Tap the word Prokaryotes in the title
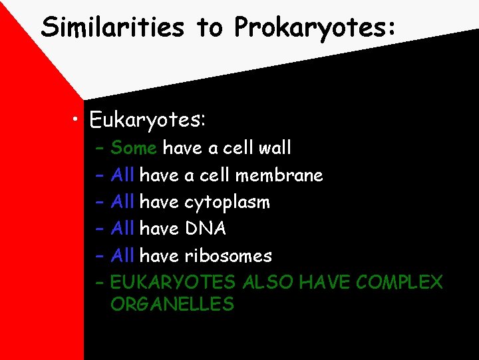click(x=315, y=28)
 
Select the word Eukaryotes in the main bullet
click(x=147, y=120)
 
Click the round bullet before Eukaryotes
click(x=78, y=120)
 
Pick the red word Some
click(x=134, y=147)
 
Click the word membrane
click(x=289, y=175)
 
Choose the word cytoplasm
click(x=227, y=202)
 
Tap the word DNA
click(x=206, y=229)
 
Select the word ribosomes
click(x=228, y=255)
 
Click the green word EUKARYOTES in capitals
click(x=173, y=283)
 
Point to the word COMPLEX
click(x=399, y=283)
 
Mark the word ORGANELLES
click(x=172, y=305)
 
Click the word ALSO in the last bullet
click(x=268, y=283)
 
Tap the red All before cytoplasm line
click(x=123, y=202)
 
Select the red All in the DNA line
click(x=123, y=229)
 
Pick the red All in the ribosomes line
click(x=123, y=255)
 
